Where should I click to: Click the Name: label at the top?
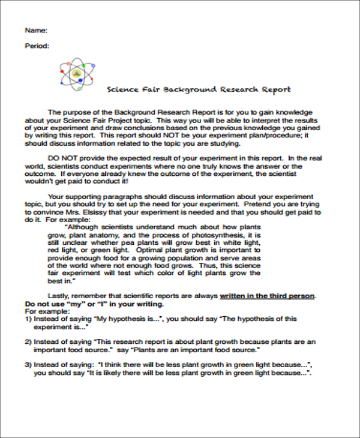[x=35, y=30]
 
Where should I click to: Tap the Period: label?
[x=37, y=46]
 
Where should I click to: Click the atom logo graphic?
[x=77, y=74]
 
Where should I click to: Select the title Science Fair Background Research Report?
[x=198, y=89]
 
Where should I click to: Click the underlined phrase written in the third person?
[x=267, y=296]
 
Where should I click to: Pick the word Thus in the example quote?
[x=216, y=265]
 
